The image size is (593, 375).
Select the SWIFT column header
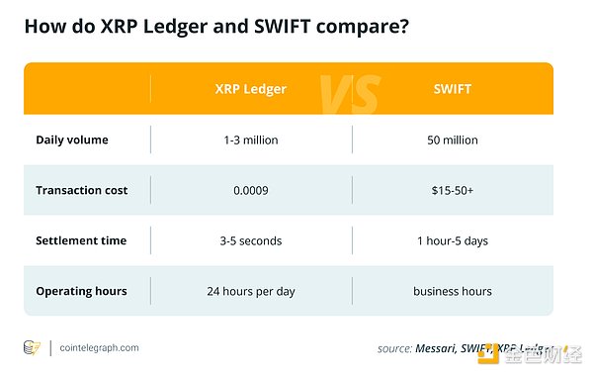pos(451,88)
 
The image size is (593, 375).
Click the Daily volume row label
pos(72,140)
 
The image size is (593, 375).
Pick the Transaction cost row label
pos(81,190)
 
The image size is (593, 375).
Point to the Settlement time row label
pos(80,240)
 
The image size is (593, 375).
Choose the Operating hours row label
pos(81,291)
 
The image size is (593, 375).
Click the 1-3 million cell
pos(250,140)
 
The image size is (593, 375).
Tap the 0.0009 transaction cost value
pos(250,190)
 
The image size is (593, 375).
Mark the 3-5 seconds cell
pos(250,240)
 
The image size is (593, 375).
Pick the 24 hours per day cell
pos(250,291)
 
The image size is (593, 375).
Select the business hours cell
pos(452,291)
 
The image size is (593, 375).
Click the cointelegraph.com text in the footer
pos(99,347)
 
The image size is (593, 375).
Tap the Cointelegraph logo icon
pos(33,347)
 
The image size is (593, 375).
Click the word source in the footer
pos(394,348)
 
